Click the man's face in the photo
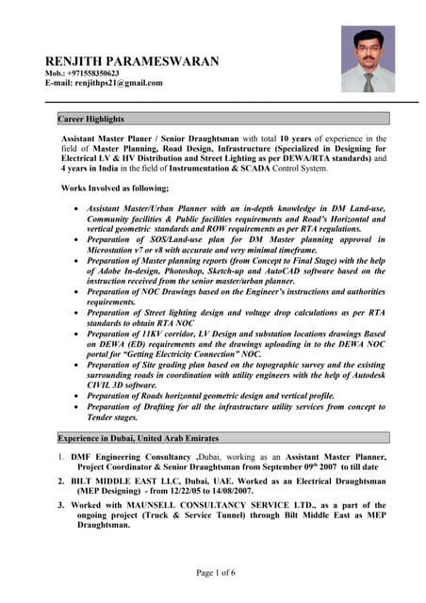click(x=367, y=48)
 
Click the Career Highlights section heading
click(x=91, y=119)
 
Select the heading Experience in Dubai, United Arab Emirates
click(x=139, y=438)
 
